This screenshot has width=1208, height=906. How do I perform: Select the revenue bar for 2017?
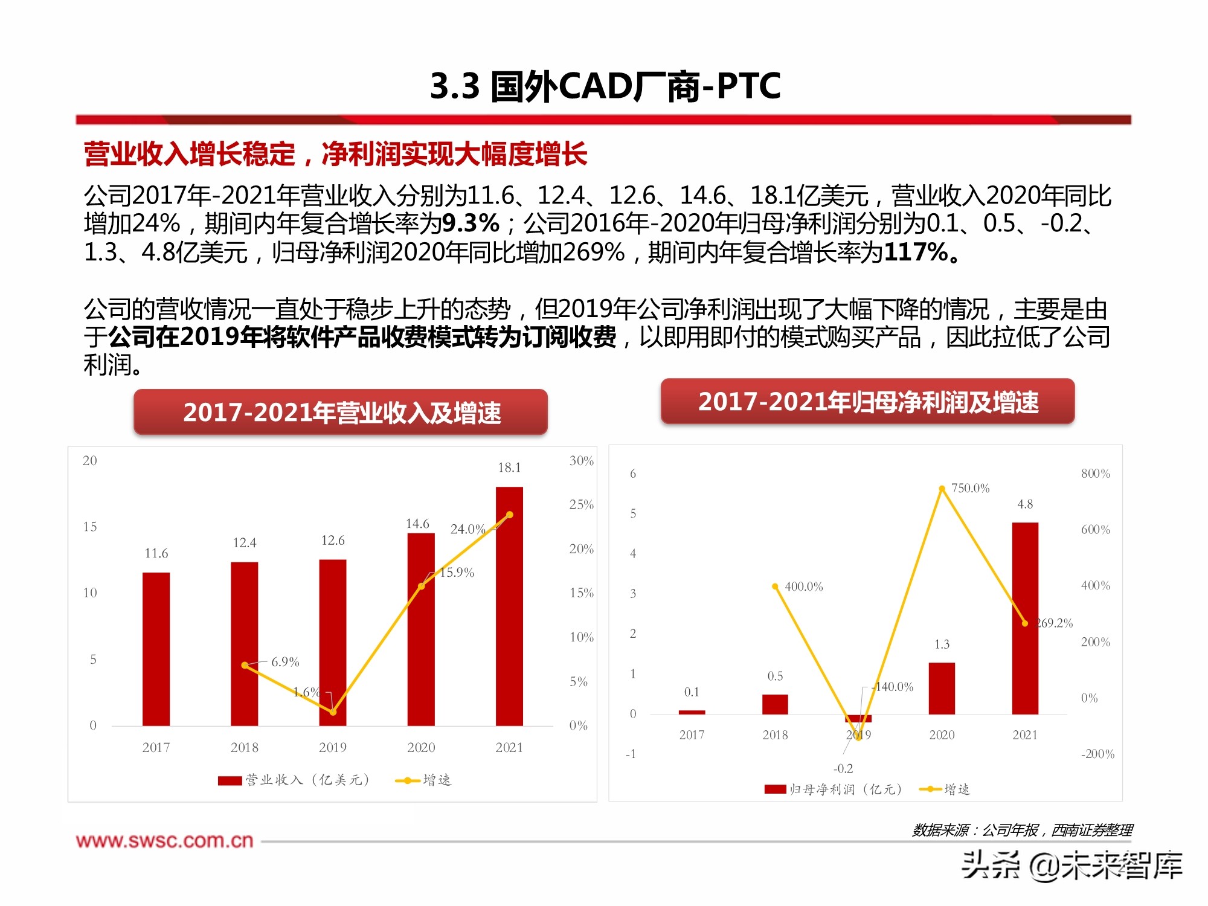pyautogui.click(x=156, y=649)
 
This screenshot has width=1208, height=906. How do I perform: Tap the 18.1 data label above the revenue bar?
pyautogui.click(x=509, y=467)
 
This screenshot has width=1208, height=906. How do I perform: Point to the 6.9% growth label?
pyautogui.click(x=285, y=662)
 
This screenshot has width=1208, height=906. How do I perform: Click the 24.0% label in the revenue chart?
pyautogui.click(x=467, y=529)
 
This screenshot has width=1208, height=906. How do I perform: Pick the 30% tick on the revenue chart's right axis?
pyautogui.click(x=581, y=461)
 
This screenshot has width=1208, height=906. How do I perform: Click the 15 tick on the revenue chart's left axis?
pyautogui.click(x=90, y=527)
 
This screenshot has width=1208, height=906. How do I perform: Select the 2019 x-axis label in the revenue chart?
pyautogui.click(x=333, y=748)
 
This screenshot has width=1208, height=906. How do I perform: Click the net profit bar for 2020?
pyautogui.click(x=942, y=689)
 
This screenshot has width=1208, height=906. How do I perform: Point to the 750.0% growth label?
pyautogui.click(x=970, y=488)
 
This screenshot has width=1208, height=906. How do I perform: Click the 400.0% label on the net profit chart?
pyautogui.click(x=803, y=586)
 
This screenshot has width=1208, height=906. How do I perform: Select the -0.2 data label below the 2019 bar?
pyautogui.click(x=843, y=768)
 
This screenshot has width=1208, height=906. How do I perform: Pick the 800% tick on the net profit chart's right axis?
pyautogui.click(x=1095, y=474)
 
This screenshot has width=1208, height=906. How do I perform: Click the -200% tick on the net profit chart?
pyautogui.click(x=1097, y=754)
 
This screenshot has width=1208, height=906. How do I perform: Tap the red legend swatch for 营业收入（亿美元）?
pyautogui.click(x=230, y=780)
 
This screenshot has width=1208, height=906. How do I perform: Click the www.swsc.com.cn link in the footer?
pyautogui.click(x=164, y=841)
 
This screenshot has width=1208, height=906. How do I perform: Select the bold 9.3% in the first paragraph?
pyautogui.click(x=471, y=223)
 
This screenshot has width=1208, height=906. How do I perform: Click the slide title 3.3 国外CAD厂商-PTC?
pyautogui.click(x=605, y=86)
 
